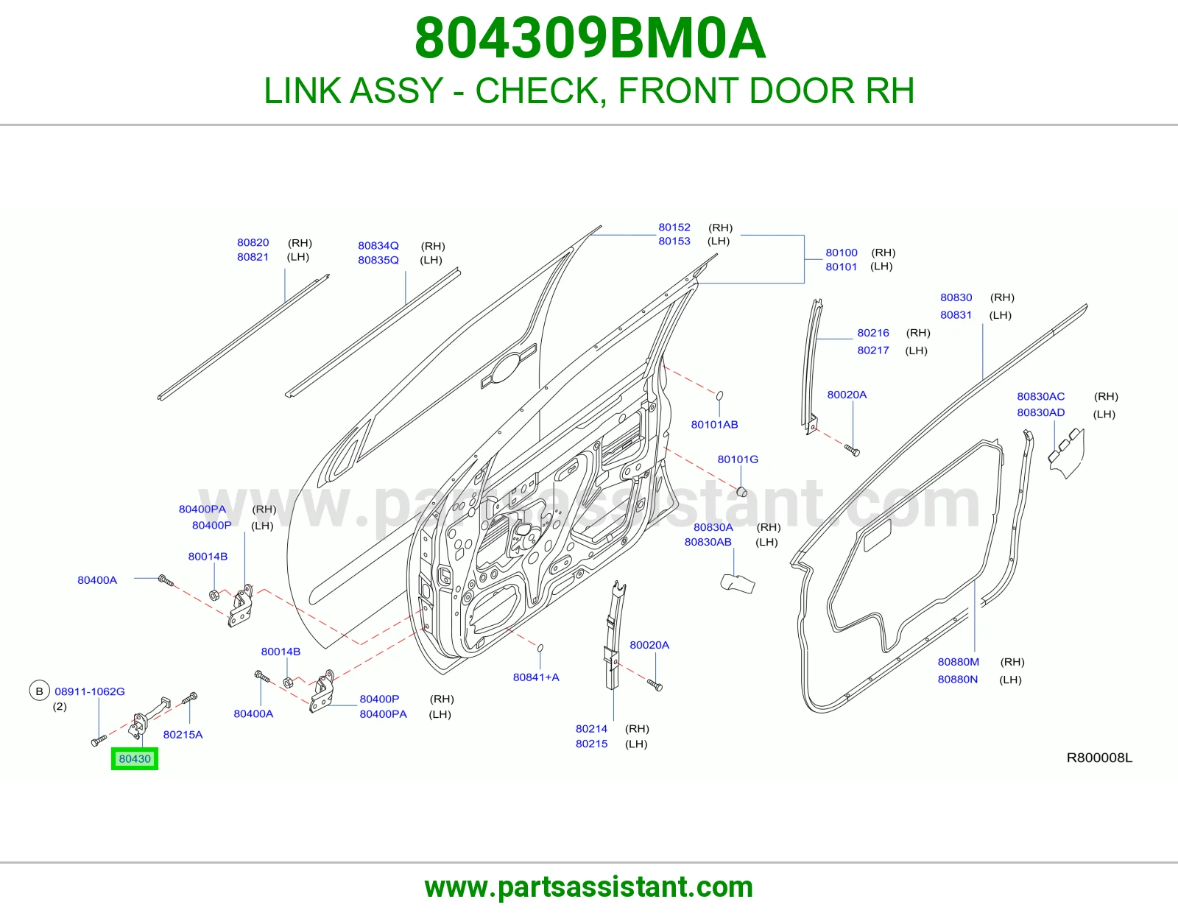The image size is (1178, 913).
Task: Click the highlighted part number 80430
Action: pyautogui.click(x=135, y=758)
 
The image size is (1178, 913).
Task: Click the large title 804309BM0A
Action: pyautogui.click(x=590, y=38)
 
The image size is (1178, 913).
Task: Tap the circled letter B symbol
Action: pyautogui.click(x=39, y=691)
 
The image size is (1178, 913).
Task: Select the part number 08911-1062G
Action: pyautogui.click(x=89, y=691)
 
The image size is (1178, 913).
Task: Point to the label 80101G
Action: pyautogui.click(x=738, y=459)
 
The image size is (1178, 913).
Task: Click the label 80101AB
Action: pyautogui.click(x=714, y=425)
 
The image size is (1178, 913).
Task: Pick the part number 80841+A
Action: pyautogui.click(x=536, y=677)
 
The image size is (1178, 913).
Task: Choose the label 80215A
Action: pyautogui.click(x=183, y=735)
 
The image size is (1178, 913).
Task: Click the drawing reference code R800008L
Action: pyautogui.click(x=1099, y=758)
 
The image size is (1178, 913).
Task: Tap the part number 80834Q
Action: pyautogui.click(x=378, y=246)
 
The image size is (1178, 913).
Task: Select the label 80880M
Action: pyautogui.click(x=959, y=662)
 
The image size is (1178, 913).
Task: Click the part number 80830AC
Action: pyautogui.click(x=1041, y=396)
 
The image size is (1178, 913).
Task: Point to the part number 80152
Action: pyautogui.click(x=674, y=228)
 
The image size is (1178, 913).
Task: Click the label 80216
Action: pyautogui.click(x=873, y=333)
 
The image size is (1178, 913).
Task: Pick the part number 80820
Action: pyautogui.click(x=253, y=242)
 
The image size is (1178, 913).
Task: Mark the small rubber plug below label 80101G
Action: pyautogui.click(x=742, y=492)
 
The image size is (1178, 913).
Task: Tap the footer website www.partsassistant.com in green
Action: pyautogui.click(x=589, y=887)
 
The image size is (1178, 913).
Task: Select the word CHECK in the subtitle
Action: pyautogui.click(x=540, y=91)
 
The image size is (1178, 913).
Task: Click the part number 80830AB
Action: pyautogui.click(x=708, y=542)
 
